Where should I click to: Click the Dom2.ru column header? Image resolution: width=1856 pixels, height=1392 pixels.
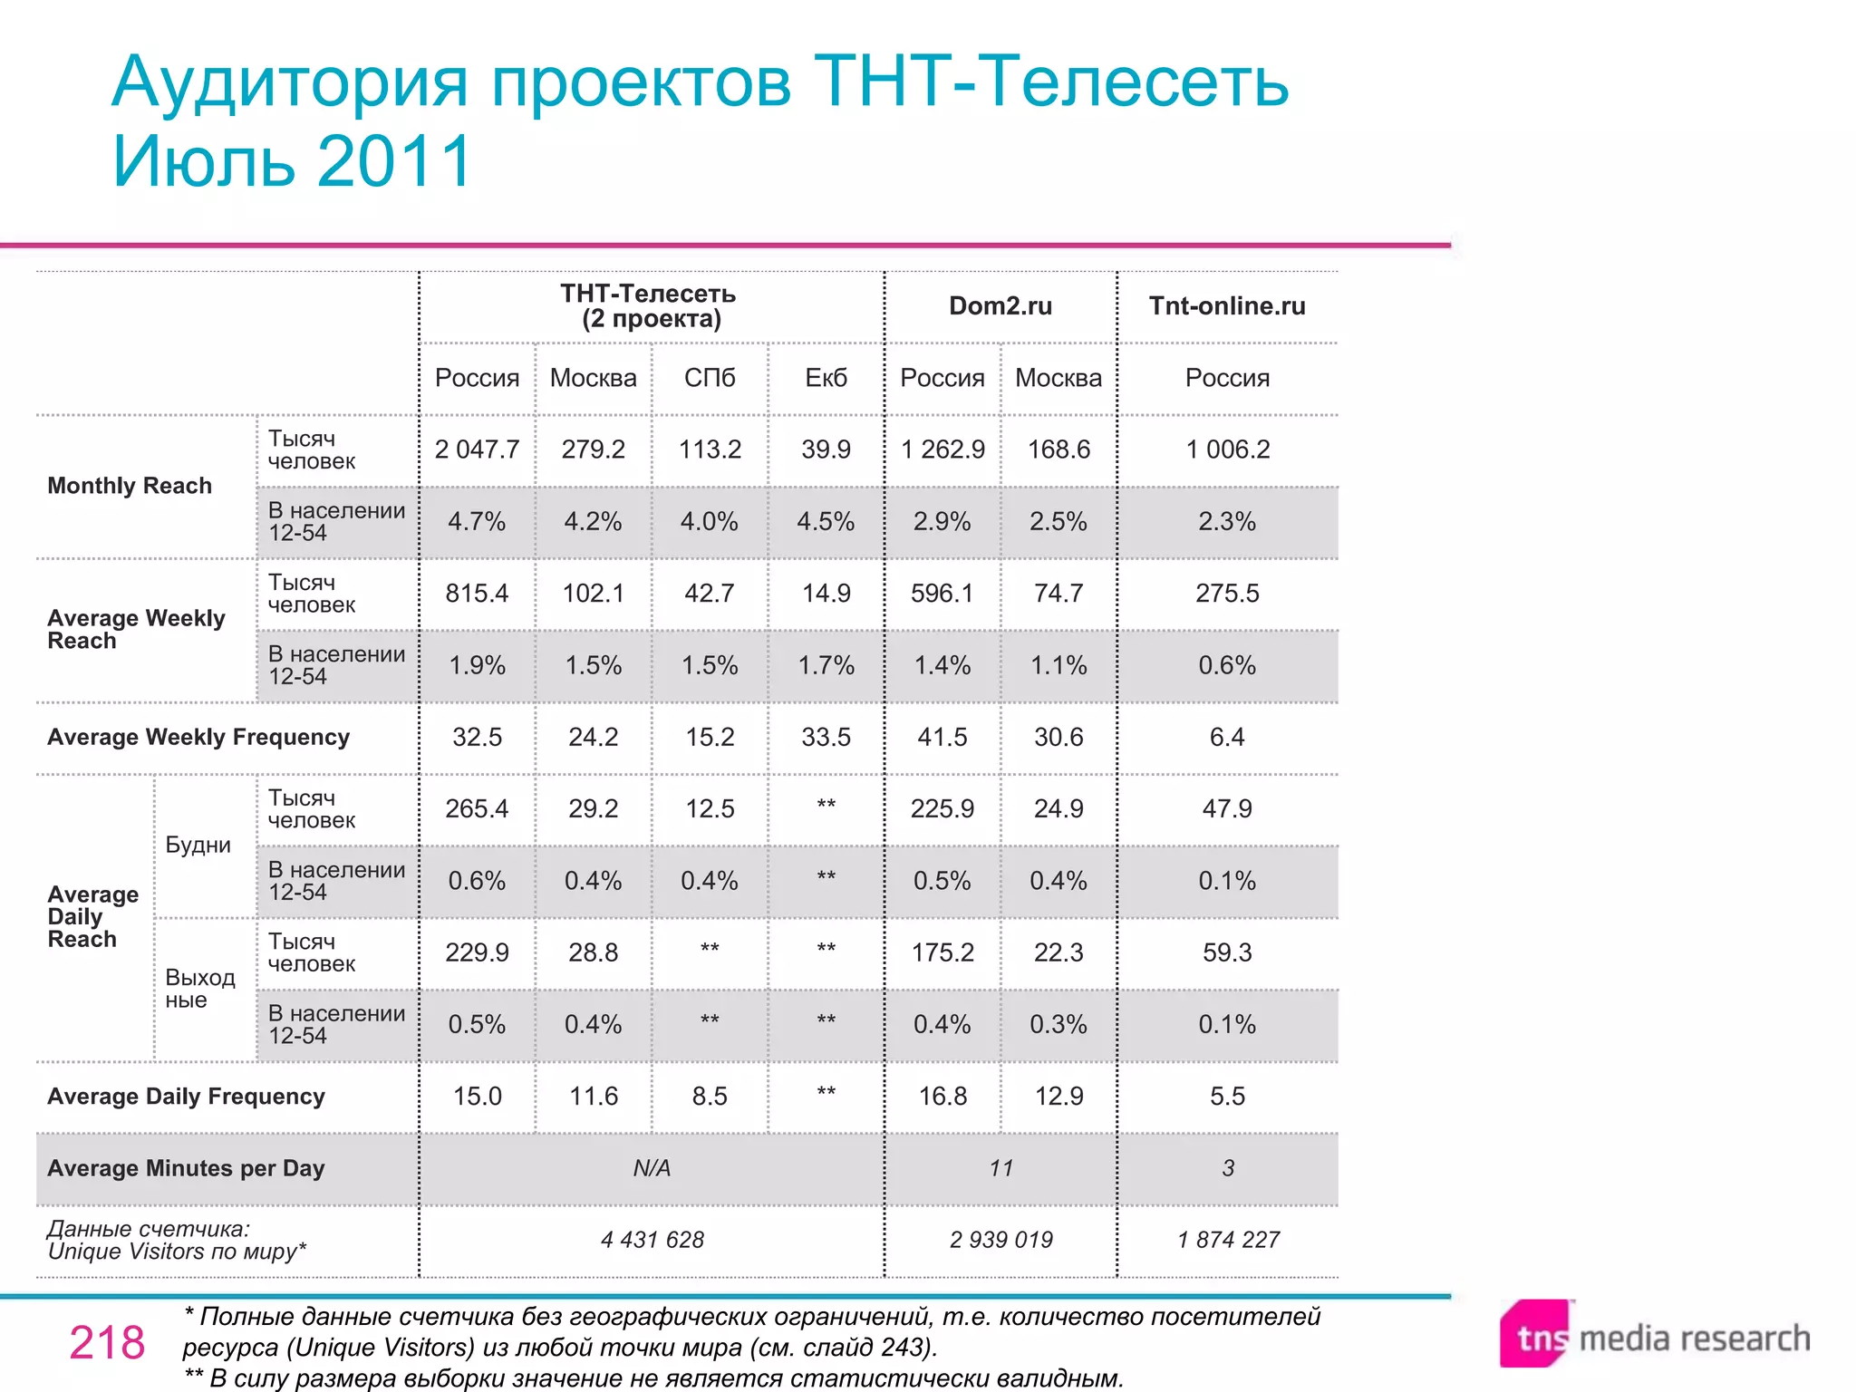point(1000,306)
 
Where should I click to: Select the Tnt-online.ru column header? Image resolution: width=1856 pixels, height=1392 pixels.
point(1227,306)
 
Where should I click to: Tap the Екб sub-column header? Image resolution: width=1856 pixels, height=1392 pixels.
point(826,378)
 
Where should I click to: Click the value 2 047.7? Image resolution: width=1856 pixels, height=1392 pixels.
point(477,449)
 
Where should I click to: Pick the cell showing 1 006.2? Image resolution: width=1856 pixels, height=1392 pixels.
point(1227,449)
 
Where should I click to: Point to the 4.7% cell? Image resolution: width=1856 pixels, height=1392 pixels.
point(477,522)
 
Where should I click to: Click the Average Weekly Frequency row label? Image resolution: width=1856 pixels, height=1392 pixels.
point(198,737)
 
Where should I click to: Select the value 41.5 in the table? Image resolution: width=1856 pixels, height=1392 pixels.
point(942,737)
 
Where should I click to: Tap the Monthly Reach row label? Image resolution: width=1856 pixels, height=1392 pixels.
point(130,486)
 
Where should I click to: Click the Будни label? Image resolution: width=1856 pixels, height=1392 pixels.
point(198,845)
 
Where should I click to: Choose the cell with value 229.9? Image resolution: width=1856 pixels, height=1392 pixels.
point(477,952)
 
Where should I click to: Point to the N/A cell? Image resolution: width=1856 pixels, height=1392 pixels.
point(652,1168)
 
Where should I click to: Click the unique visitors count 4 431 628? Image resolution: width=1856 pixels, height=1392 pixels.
point(652,1240)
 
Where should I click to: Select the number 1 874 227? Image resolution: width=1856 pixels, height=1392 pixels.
point(1227,1240)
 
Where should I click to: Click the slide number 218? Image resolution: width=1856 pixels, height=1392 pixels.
point(107,1342)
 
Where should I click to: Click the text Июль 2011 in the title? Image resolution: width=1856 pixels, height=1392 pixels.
point(292,161)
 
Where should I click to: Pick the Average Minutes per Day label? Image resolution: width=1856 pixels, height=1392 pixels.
point(186,1168)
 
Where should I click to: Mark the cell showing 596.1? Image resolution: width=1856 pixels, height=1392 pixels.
point(942,594)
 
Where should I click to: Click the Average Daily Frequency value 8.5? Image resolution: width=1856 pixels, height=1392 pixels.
point(710,1097)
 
